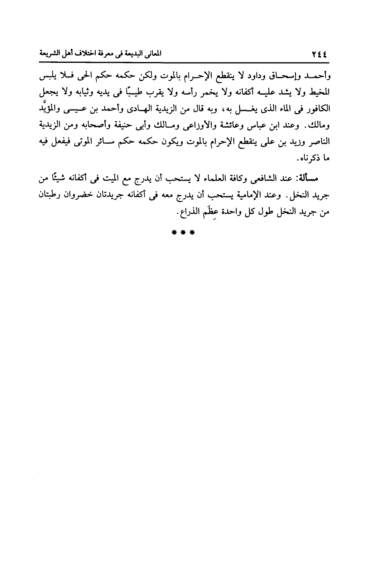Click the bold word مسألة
click(x=311, y=179)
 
